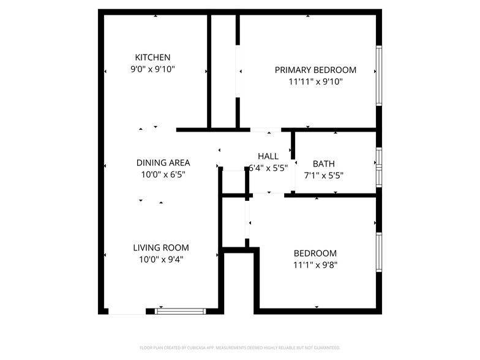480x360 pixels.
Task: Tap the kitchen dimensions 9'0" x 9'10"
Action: (x=152, y=69)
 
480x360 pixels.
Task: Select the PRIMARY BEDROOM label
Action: (x=315, y=70)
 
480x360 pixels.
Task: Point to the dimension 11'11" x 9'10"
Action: (x=315, y=81)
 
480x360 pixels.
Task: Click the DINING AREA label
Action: (x=163, y=163)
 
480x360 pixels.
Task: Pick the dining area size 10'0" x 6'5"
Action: (x=163, y=174)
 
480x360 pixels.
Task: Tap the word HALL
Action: (x=268, y=156)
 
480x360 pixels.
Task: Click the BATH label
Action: (x=324, y=163)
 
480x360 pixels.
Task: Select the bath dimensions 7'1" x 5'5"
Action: (x=324, y=175)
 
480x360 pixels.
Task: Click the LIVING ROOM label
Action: (x=161, y=248)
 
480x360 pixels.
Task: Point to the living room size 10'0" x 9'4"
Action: (x=161, y=259)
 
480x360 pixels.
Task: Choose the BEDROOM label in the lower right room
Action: (x=315, y=253)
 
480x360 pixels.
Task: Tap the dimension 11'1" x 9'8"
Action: (x=315, y=265)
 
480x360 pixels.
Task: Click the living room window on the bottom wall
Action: (x=181, y=311)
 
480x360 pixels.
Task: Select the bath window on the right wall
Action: (x=379, y=167)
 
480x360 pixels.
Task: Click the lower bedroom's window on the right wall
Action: (x=379, y=252)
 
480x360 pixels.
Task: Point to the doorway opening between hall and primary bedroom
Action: (x=266, y=130)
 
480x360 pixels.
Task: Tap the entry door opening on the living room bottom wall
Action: (x=127, y=311)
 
